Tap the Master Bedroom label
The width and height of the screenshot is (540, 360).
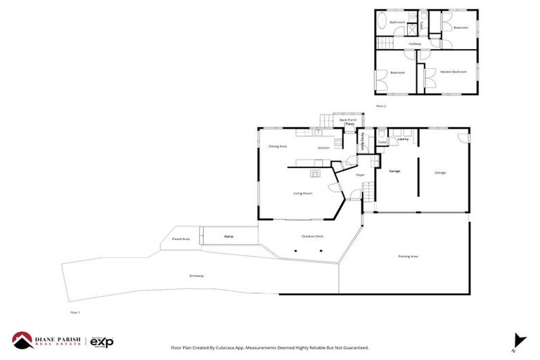454,72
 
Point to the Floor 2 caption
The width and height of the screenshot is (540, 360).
381,106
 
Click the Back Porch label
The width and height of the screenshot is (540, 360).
348,120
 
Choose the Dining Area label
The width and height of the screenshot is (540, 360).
278,146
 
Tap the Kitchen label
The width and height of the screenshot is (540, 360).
323,148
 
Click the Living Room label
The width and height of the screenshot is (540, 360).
303,193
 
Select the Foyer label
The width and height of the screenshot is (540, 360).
359,174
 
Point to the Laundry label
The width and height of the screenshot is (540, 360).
403,139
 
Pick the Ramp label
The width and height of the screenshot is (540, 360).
229,236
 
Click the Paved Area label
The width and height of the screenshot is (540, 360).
181,239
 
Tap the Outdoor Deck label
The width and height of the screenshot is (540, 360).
312,236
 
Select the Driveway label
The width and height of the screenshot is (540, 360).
197,276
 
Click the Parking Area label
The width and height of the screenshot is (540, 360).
408,257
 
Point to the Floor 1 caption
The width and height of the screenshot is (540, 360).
75,312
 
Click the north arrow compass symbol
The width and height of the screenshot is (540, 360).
518,340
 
